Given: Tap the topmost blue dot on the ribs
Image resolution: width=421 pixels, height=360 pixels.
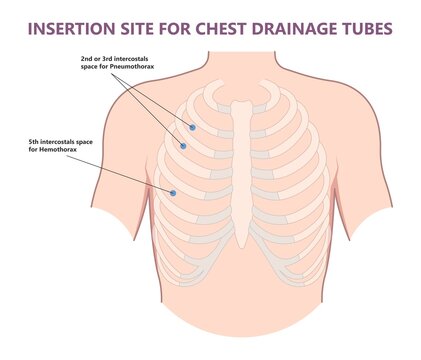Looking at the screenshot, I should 193,127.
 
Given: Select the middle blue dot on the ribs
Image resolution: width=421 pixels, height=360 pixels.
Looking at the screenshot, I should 183,146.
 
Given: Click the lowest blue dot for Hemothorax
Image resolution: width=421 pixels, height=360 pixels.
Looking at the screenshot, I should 173,192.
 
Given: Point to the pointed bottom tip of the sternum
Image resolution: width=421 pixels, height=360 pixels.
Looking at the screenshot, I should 241,245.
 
